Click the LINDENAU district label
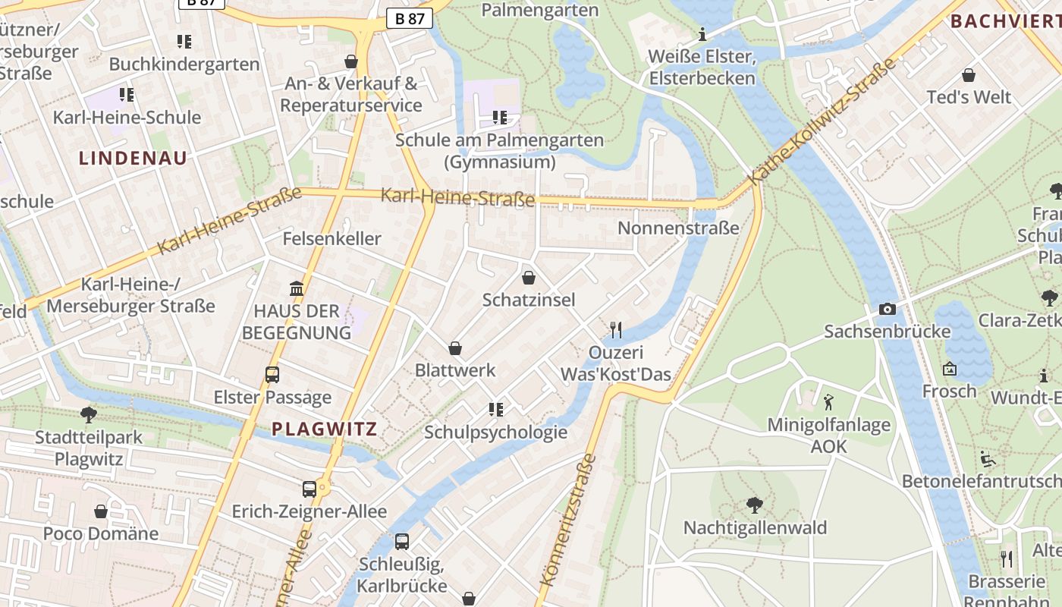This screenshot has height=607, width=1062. click(133, 159)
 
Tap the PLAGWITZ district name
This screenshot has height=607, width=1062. click(325, 429)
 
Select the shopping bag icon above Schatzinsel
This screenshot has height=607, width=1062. click(529, 278)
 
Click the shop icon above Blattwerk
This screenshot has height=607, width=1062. click(455, 348)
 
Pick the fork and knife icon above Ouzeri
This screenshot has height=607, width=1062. click(616, 329)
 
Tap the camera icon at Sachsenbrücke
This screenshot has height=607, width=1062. click(887, 309)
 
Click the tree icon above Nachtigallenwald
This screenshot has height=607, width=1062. click(755, 505)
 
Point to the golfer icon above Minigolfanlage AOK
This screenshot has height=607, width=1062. click(828, 401)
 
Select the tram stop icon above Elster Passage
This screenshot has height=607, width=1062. click(272, 374)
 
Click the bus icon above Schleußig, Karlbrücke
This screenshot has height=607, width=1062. click(402, 542)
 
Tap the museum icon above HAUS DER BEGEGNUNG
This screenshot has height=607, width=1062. click(297, 288)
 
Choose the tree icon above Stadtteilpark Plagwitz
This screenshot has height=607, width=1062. click(89, 414)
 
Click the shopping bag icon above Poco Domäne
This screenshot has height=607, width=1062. click(101, 511)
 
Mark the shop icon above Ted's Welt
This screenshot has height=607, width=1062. click(969, 75)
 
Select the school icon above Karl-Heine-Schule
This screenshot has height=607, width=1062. click(127, 95)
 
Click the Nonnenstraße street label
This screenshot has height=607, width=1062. click(678, 228)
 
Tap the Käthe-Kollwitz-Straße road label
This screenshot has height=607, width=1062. click(822, 122)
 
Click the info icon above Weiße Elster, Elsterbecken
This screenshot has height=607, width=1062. click(702, 34)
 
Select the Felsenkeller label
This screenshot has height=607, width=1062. click(331, 239)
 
